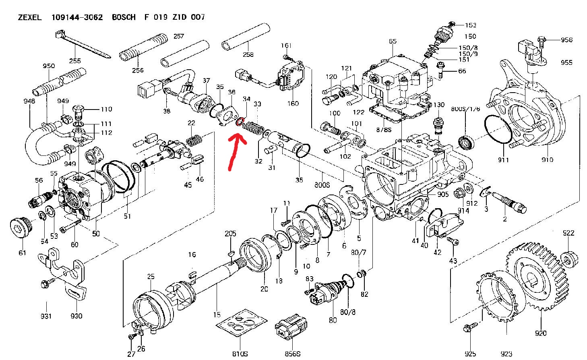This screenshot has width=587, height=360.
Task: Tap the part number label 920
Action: (x=541, y=333)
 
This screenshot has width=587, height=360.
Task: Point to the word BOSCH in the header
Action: (x=124, y=17)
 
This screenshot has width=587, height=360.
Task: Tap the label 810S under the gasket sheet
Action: (x=240, y=354)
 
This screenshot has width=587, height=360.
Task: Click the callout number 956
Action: (x=566, y=40)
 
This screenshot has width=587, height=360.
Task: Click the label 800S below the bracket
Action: (x=322, y=185)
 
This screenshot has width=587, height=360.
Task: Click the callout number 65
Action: (x=393, y=41)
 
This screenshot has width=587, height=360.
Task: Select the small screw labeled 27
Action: (x=131, y=336)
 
